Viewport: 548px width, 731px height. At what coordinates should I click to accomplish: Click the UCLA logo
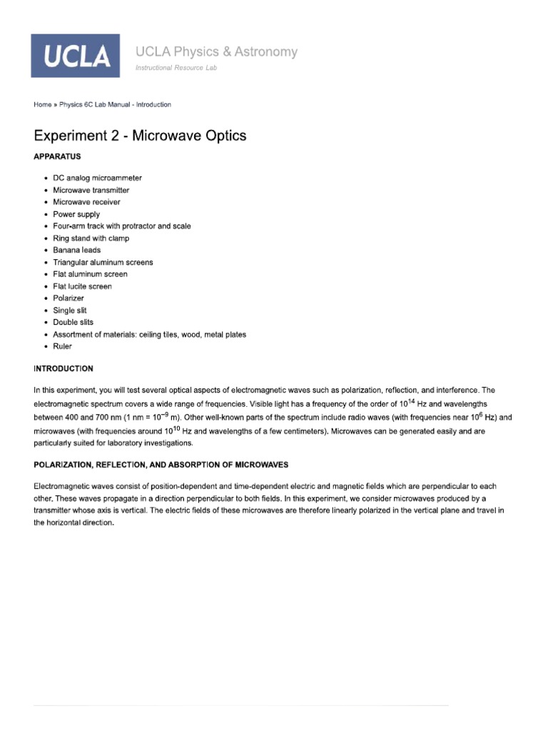(x=75, y=56)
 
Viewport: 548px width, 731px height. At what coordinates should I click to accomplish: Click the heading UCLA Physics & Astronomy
(x=216, y=51)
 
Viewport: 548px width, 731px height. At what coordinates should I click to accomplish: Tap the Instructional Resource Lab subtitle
(x=176, y=68)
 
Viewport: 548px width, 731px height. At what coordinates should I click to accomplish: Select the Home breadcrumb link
(x=42, y=104)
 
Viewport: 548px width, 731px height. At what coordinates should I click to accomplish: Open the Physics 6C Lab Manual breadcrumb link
(x=115, y=104)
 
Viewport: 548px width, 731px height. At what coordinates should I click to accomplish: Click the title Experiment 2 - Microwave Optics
(x=140, y=136)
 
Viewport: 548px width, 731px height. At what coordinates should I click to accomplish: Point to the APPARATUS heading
(x=57, y=156)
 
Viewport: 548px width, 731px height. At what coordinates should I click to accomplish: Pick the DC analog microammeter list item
(x=97, y=178)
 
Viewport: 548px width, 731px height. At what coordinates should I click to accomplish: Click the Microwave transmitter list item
(x=91, y=190)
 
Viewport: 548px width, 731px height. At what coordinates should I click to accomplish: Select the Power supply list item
(x=76, y=214)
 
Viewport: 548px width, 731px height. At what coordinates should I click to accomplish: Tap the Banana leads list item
(x=77, y=250)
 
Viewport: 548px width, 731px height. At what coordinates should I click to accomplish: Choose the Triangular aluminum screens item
(x=103, y=262)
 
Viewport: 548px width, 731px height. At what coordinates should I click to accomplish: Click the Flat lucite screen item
(x=82, y=286)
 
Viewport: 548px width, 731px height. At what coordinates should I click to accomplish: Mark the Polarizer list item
(x=68, y=298)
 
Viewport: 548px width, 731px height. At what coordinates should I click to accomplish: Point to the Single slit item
(x=70, y=311)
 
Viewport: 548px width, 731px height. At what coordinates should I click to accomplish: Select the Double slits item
(x=73, y=322)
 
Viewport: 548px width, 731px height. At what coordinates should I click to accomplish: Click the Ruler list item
(x=63, y=346)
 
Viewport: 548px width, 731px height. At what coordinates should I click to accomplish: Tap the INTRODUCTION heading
(x=64, y=368)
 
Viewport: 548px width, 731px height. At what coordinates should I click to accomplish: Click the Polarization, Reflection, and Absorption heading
(x=161, y=465)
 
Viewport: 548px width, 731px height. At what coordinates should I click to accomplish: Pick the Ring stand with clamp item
(x=91, y=238)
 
